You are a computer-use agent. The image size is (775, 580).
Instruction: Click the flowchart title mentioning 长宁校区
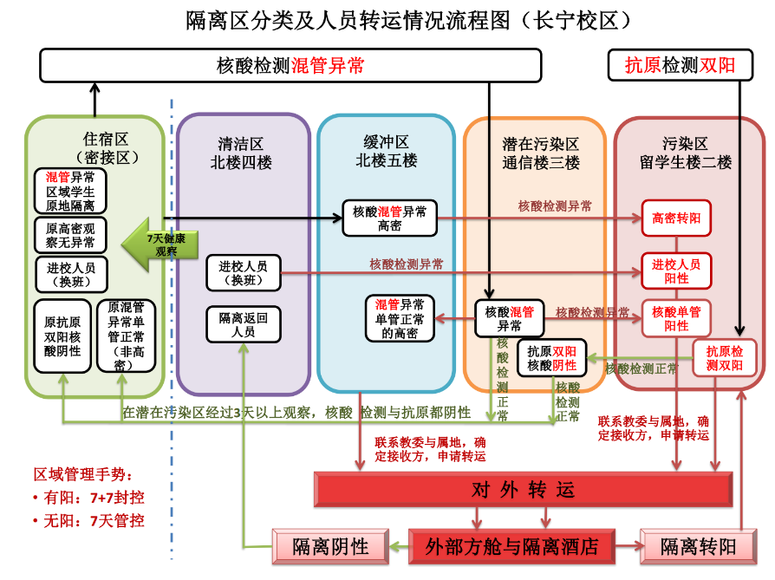[408, 20]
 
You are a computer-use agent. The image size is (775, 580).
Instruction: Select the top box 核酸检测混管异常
[290, 66]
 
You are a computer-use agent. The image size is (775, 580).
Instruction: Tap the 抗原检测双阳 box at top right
[681, 66]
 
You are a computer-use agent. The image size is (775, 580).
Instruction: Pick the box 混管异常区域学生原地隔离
[70, 191]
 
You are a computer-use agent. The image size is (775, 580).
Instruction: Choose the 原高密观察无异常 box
[70, 234]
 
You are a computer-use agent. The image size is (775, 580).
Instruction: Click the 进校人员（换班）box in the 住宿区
[70, 274]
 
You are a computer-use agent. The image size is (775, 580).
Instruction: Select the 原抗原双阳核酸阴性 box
[62, 336]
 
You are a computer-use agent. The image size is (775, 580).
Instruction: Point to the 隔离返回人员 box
[244, 324]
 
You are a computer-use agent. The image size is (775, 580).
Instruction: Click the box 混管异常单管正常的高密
[400, 318]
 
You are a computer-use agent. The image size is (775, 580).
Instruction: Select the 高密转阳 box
[676, 218]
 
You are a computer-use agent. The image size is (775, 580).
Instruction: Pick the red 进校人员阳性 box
[676, 270]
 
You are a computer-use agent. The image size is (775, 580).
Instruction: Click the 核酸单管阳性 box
[676, 318]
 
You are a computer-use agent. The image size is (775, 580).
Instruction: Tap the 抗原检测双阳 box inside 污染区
[724, 358]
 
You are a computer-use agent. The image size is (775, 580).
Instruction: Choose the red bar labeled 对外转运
[523, 490]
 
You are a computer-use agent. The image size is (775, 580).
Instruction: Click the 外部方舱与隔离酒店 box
[511, 546]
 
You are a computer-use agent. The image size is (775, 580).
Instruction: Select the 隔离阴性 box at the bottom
[329, 546]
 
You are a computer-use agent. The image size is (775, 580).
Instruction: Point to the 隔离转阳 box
[698, 546]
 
